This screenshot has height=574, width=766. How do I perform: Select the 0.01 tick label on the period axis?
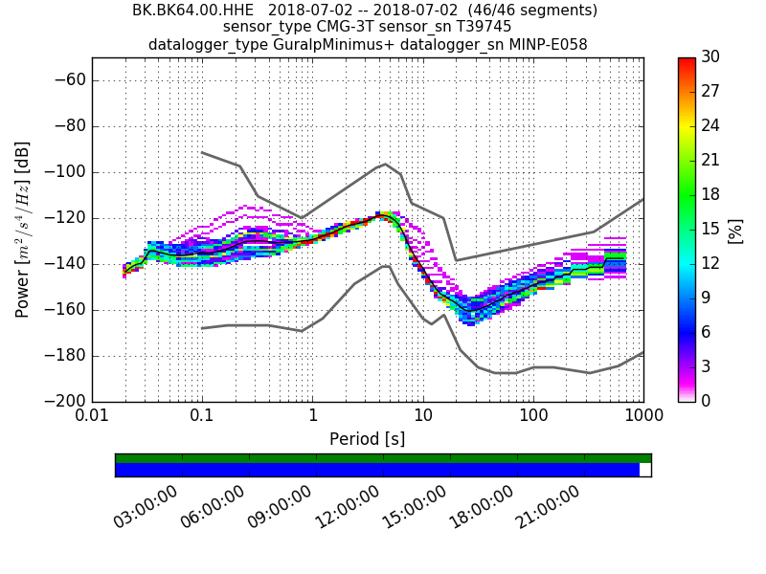tap(92, 417)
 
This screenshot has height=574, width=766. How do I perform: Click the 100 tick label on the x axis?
tap(533, 417)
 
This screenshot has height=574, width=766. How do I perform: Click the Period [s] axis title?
tap(367, 439)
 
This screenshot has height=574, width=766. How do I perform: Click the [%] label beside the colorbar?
tap(735, 230)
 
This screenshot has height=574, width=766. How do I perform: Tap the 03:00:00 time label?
tap(146, 507)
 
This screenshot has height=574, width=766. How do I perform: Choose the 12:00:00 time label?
tap(348, 507)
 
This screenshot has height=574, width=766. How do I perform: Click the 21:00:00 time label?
tap(549, 507)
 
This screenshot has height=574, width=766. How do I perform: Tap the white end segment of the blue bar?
tap(645, 470)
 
